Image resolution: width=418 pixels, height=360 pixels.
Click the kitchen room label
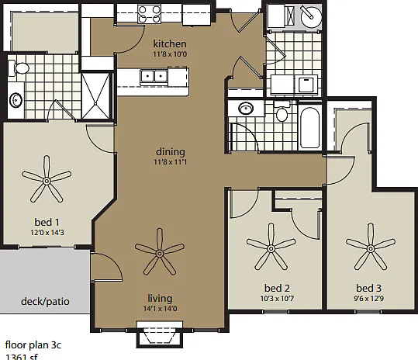click(170, 43)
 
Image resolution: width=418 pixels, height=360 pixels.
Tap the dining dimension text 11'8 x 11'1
click(171, 162)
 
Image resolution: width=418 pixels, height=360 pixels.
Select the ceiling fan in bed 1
click(47, 179)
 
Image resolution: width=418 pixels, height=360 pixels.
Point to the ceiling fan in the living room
click(160, 252)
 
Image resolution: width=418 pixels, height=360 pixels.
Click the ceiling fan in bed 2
click(271, 247)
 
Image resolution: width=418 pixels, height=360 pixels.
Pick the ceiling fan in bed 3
click(371, 247)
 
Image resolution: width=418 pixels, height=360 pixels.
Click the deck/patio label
click(45, 302)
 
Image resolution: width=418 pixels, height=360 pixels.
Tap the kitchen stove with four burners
click(149, 14)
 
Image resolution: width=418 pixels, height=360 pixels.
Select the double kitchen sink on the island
click(154, 77)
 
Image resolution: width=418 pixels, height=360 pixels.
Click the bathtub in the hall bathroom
click(309, 128)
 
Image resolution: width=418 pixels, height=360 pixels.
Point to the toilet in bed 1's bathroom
click(19, 68)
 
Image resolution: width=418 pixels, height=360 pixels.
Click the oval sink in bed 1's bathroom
click(16, 100)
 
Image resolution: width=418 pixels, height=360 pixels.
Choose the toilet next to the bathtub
click(282, 112)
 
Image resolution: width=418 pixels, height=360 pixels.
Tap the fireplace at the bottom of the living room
click(160, 334)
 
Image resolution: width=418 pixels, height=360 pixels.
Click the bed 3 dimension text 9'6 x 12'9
click(369, 299)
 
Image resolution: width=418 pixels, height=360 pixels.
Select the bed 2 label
click(277, 289)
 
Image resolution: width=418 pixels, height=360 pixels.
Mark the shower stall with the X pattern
click(95, 95)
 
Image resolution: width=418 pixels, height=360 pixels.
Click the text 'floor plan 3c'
click(33, 345)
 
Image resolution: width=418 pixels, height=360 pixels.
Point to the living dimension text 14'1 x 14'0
click(160, 309)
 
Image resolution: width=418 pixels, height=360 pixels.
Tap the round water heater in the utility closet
click(311, 16)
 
